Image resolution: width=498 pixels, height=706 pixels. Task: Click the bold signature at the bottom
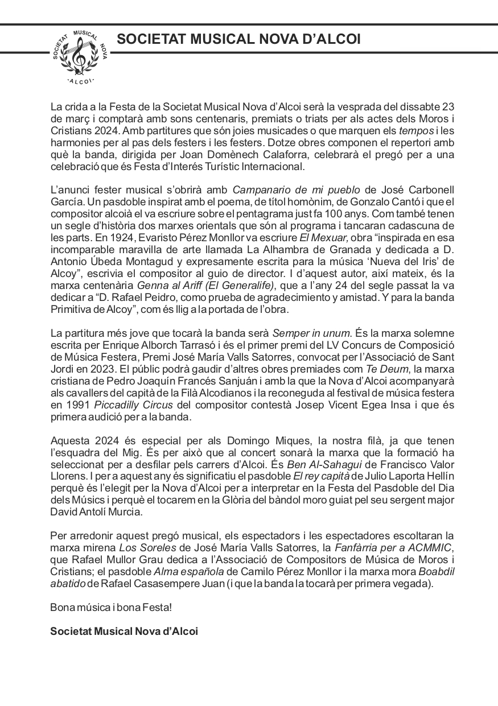124,631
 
